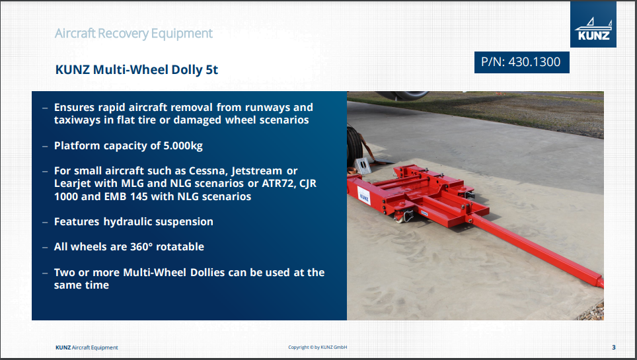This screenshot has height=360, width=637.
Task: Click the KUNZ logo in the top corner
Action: [x=593, y=24]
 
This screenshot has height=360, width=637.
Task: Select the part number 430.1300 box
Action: [x=521, y=62]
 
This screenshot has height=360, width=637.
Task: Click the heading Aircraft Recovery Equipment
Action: [x=133, y=33]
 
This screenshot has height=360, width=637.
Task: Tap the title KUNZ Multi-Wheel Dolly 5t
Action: [x=137, y=69]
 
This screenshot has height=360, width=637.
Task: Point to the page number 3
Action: [x=614, y=347]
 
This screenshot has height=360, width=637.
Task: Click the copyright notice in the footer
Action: [x=318, y=347]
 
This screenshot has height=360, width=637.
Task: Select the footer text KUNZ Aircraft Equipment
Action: [x=87, y=347]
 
